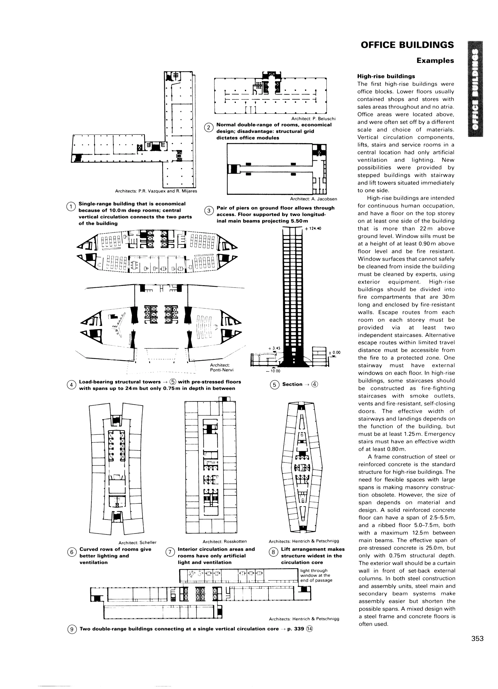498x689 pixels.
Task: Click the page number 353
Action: (477, 638)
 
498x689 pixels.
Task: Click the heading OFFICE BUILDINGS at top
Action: (407, 45)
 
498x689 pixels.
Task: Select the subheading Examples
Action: (435, 60)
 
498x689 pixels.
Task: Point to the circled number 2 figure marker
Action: (208, 128)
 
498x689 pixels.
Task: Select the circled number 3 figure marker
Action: (209, 211)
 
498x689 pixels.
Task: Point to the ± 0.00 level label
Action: (334, 353)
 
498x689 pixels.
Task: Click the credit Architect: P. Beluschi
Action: (313, 119)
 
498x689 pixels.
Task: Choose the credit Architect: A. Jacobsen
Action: (313, 199)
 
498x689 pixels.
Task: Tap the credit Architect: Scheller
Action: (137, 542)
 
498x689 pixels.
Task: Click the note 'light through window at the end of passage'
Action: (316, 575)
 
